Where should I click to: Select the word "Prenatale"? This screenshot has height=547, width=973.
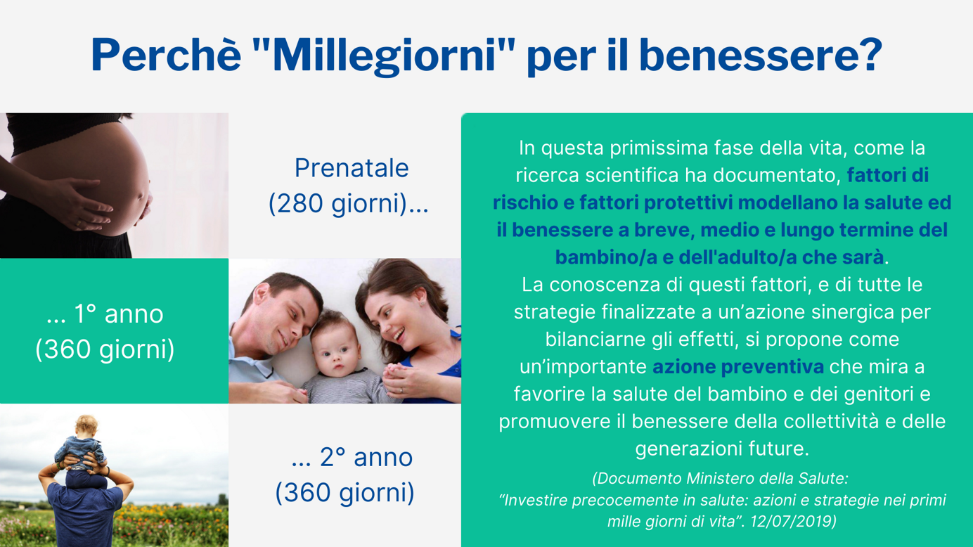click(x=351, y=168)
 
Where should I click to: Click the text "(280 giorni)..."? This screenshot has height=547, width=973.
click(x=348, y=203)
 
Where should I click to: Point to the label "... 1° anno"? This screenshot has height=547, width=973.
click(x=105, y=314)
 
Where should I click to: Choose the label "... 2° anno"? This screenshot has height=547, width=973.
click(x=352, y=457)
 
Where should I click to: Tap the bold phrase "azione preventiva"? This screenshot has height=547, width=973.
click(x=737, y=367)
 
